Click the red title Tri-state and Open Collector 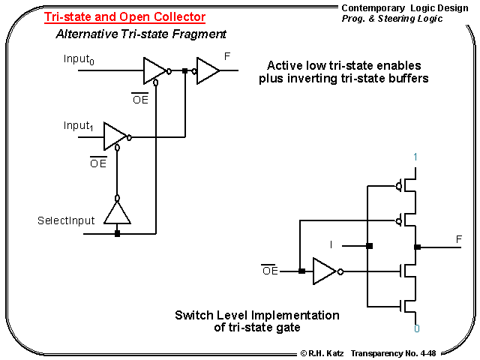pyautogui.click(x=124, y=17)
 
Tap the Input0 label pyautogui.click(x=79, y=60)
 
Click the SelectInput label pyautogui.click(x=66, y=221)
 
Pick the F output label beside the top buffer pyautogui.click(x=228, y=56)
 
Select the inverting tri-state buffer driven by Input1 pyautogui.click(x=115, y=136)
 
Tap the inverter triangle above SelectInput pyautogui.click(x=117, y=212)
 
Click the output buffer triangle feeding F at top pyautogui.click(x=208, y=71)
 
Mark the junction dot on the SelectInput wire pyautogui.click(x=117, y=233)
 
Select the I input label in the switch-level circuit pyautogui.click(x=331, y=244)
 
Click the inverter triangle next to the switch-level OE pyautogui.click(x=324, y=271)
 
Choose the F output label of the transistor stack pyautogui.click(x=458, y=239)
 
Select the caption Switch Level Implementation pyautogui.click(x=257, y=315)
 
